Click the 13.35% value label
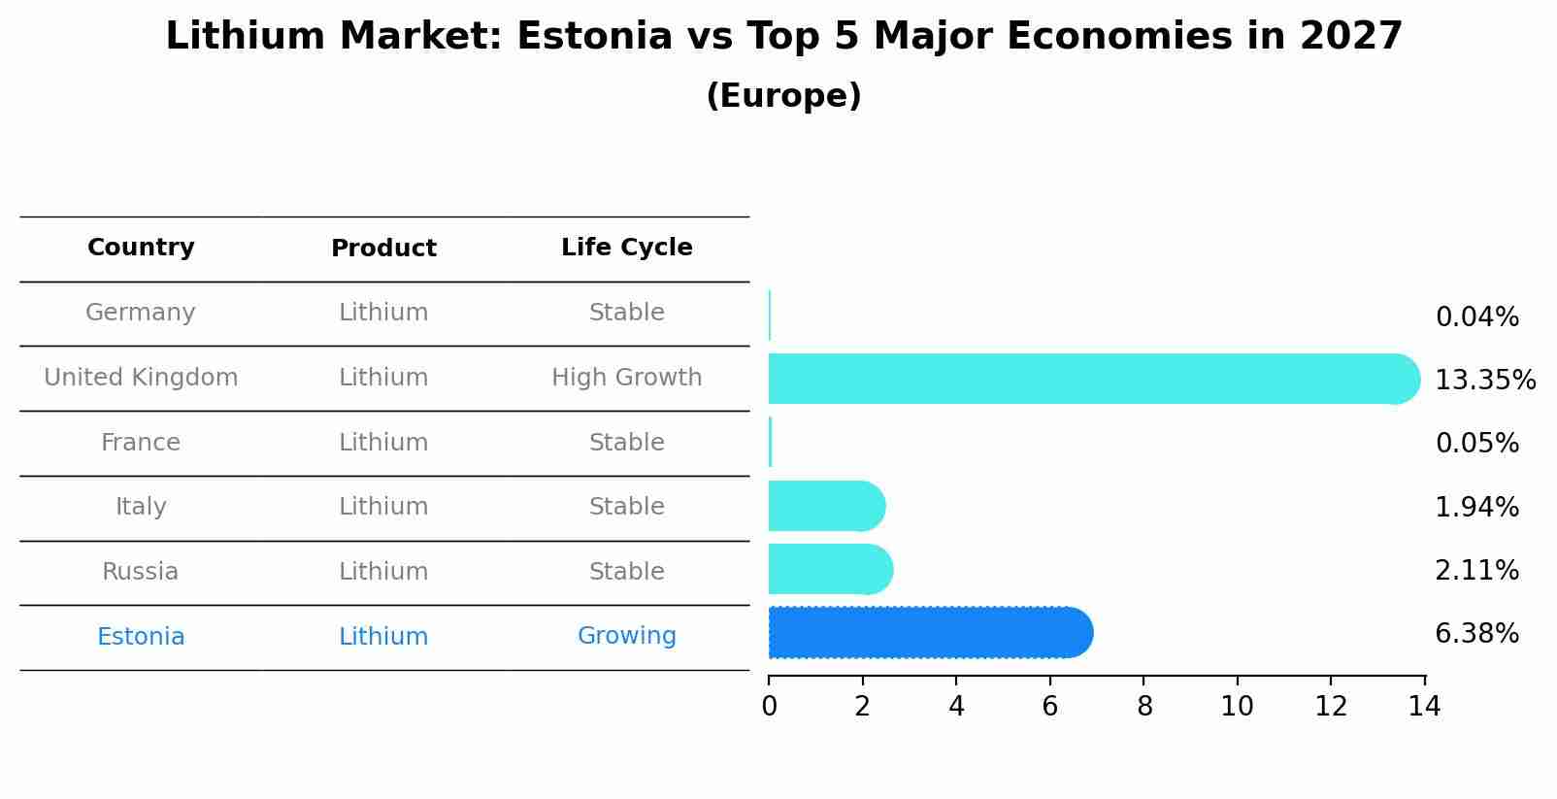coord(1484,381)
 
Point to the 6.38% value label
coord(1476,634)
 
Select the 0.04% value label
coord(1476,317)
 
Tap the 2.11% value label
coord(1476,571)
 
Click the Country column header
coord(141,248)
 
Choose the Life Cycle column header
coord(626,248)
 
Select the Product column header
coord(383,249)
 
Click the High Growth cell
coord(626,378)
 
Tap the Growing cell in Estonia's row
coord(626,636)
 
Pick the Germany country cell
coord(141,313)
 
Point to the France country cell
coord(141,443)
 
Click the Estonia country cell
coord(141,637)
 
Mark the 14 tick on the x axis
coord(1424,707)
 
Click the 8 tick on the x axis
coord(1143,707)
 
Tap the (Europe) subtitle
coord(783,96)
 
